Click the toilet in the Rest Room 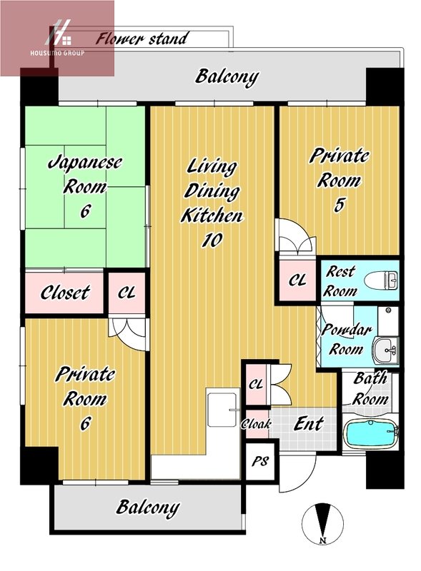pyautogui.click(x=381, y=281)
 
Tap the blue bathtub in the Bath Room pyautogui.click(x=371, y=434)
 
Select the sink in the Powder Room pyautogui.click(x=385, y=350)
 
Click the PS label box pyautogui.click(x=259, y=462)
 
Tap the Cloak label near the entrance pyautogui.click(x=257, y=423)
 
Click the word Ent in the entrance pyautogui.click(x=309, y=423)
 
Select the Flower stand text pyautogui.click(x=142, y=39)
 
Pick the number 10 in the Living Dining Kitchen pyautogui.click(x=212, y=240)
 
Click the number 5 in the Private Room pyautogui.click(x=340, y=205)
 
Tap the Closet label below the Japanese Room pyautogui.click(x=65, y=293)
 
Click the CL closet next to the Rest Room pyautogui.click(x=297, y=280)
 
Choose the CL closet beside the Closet pyautogui.click(x=127, y=293)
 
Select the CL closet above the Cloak pyautogui.click(x=256, y=384)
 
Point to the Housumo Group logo pyautogui.click(x=57, y=39)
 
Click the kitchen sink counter pyautogui.click(x=222, y=407)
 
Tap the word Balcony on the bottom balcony pyautogui.click(x=148, y=507)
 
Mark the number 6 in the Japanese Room pyautogui.click(x=85, y=211)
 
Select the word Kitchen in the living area pyautogui.click(x=212, y=216)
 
